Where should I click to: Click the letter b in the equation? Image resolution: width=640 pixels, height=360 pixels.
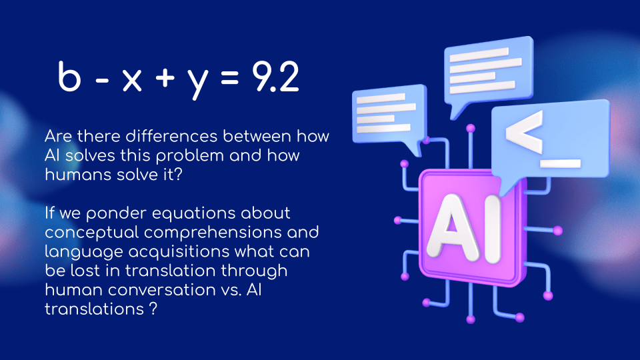[69, 76]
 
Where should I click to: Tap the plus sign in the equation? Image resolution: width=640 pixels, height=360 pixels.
[165, 77]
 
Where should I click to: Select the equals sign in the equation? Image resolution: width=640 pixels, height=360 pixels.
[230, 77]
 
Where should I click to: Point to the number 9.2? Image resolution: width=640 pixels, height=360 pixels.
[275, 76]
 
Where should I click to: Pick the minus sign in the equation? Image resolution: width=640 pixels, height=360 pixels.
[102, 79]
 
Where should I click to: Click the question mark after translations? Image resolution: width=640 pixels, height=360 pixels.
[153, 309]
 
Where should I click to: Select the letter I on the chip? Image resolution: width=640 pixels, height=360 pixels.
[493, 229]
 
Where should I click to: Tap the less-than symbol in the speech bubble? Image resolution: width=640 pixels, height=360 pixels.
[524, 131]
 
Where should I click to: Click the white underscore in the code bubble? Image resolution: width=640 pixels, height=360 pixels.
[561, 163]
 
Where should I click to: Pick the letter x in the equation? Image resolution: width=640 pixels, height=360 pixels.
[132, 79]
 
